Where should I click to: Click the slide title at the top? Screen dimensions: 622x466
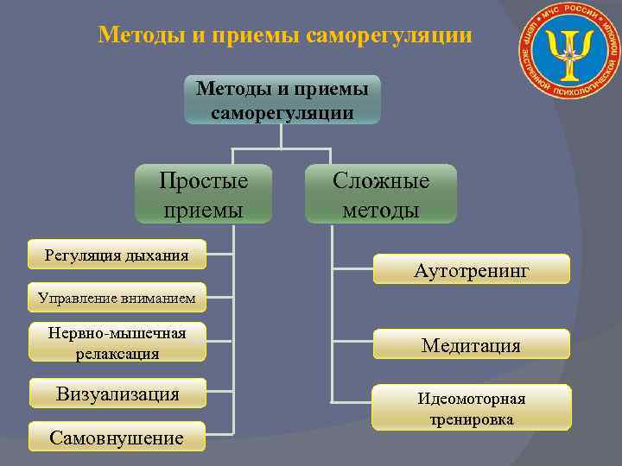point(285,35)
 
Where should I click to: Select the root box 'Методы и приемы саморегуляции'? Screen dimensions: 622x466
point(282,99)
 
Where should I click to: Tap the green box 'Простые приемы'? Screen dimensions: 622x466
point(203,195)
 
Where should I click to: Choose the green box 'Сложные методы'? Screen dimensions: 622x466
point(381,195)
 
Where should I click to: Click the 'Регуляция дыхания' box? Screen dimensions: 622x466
point(117,255)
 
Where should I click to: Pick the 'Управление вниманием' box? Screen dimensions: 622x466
point(117,299)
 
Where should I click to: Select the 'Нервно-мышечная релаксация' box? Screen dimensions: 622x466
point(117,342)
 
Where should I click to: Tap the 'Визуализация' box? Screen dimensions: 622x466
point(117,394)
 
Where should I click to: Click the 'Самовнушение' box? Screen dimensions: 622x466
point(117,438)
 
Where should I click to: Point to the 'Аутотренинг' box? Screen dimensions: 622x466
point(471,270)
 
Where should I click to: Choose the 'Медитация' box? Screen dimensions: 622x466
point(471,345)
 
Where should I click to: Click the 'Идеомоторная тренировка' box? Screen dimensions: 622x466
point(471,408)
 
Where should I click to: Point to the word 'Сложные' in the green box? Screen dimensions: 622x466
point(381,181)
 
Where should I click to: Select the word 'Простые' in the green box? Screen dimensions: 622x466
point(203,181)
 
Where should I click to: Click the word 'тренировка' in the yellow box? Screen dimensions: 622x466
point(471,419)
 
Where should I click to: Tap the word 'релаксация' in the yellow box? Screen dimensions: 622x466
point(117,353)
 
